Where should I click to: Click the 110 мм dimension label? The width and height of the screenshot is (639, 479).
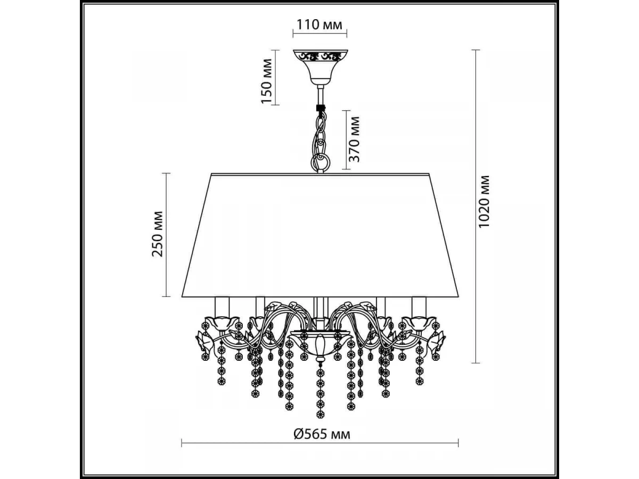tap(319, 24)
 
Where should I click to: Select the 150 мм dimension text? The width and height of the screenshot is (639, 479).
tap(267, 81)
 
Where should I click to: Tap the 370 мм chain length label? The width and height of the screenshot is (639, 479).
tap(355, 139)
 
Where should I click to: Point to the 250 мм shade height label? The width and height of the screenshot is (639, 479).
tap(158, 234)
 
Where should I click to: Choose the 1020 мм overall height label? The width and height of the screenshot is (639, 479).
tap(485, 202)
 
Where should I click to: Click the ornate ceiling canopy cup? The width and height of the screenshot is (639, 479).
tap(320, 67)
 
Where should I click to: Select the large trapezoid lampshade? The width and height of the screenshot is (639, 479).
tap(320, 235)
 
